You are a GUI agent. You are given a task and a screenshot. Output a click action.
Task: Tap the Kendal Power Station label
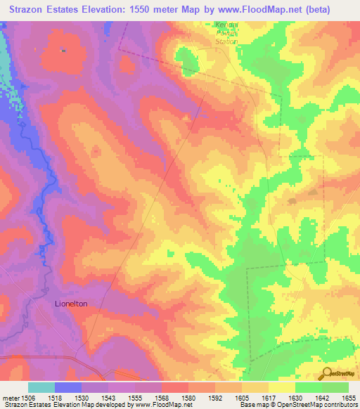point(226,33)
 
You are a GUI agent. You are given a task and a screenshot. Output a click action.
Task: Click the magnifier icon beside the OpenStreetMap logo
point(326,373)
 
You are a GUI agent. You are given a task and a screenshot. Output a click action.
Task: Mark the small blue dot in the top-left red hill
point(64,50)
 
